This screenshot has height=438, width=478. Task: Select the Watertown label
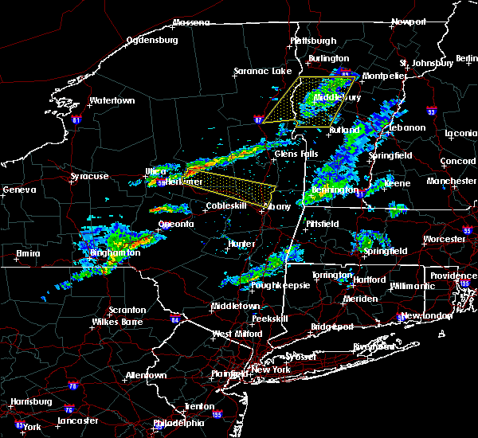[x=112, y=101]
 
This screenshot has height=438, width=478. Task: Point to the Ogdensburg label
[x=151, y=38]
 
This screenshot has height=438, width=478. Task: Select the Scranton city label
[x=127, y=310]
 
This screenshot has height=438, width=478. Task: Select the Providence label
[x=454, y=276]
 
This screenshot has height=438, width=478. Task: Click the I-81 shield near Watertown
[x=76, y=120]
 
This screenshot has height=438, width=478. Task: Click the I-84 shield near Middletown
[x=174, y=319]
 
